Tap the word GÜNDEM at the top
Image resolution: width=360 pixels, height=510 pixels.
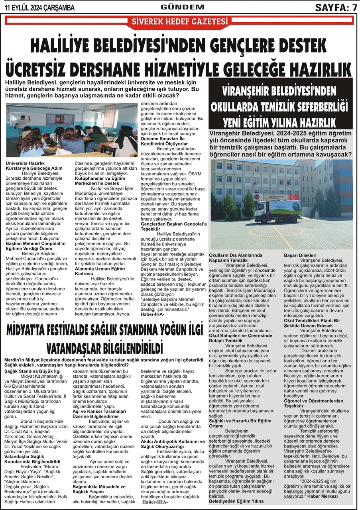pos(182,7)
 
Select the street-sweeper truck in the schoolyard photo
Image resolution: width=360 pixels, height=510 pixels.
pos(278,212)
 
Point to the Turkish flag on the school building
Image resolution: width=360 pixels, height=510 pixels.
pos(295,197)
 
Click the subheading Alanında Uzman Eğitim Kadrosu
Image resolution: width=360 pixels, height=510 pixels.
pos(100,271)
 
